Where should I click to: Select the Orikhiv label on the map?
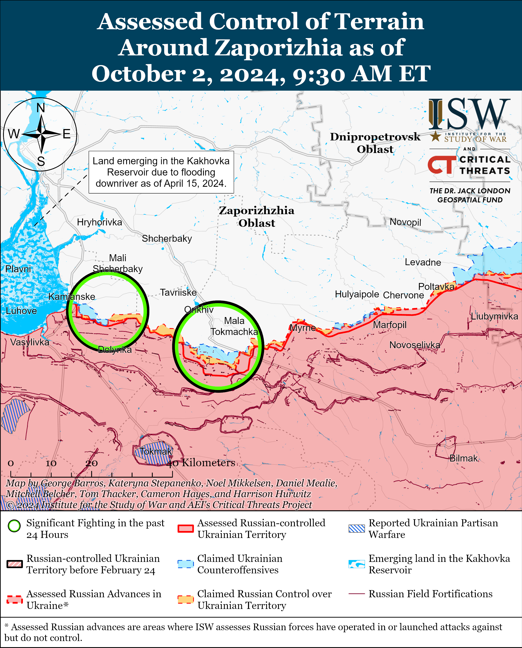[x=199, y=309]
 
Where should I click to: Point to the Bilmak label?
[x=463, y=458]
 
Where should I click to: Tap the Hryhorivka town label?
[x=100, y=222]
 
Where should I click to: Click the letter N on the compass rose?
[x=41, y=108]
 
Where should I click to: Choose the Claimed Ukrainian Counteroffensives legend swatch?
[x=185, y=564]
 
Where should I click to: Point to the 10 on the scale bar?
[x=51, y=463]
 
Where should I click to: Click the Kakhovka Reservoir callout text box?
[x=161, y=172]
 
